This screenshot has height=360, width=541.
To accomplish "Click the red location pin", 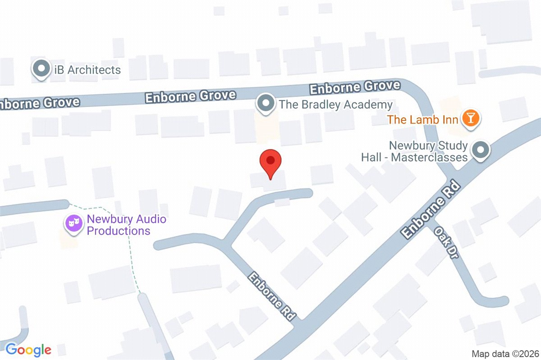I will coord(270,162).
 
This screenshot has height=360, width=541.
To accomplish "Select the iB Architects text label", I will coord(85,70).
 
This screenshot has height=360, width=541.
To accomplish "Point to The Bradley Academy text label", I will coord(335,105).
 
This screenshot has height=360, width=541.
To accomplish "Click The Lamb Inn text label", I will coord(423,120).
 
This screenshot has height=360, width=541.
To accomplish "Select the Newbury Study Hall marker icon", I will coord(481,150).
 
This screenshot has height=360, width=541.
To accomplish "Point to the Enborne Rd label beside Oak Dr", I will coord(432,211).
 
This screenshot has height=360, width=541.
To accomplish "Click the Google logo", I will coord(28,350).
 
